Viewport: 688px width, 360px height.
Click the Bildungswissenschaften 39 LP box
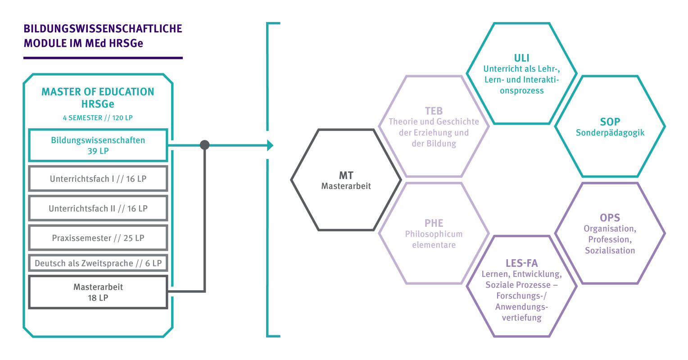pos(98,145)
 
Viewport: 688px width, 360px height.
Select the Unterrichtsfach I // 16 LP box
pos(98,179)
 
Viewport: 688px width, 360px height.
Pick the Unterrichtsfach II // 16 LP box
pos(98,208)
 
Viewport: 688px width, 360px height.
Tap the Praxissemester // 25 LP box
pos(98,238)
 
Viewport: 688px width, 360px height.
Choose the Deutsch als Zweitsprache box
pos(98,263)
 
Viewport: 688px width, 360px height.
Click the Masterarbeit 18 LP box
pos(98,292)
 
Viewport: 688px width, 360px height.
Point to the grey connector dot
pos(205,145)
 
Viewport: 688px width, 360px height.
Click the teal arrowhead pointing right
pos(270,145)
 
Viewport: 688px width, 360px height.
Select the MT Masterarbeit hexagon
pos(346,180)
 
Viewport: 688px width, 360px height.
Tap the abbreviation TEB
pos(434,111)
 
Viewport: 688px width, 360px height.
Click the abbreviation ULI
pos(521,58)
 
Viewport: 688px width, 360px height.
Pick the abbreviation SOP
pos(610,121)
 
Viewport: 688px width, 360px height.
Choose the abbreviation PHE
pos(434,223)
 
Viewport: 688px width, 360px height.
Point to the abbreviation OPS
pos(610,218)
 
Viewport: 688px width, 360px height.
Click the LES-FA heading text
pos(521,263)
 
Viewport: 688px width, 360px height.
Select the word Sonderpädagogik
pos(610,133)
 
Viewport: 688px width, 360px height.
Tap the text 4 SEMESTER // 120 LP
pos(98,118)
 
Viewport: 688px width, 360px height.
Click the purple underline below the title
pos(103,58)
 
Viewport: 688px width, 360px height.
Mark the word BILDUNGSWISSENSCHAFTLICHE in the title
pos(103,29)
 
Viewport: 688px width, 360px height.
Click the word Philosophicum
pos(434,234)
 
